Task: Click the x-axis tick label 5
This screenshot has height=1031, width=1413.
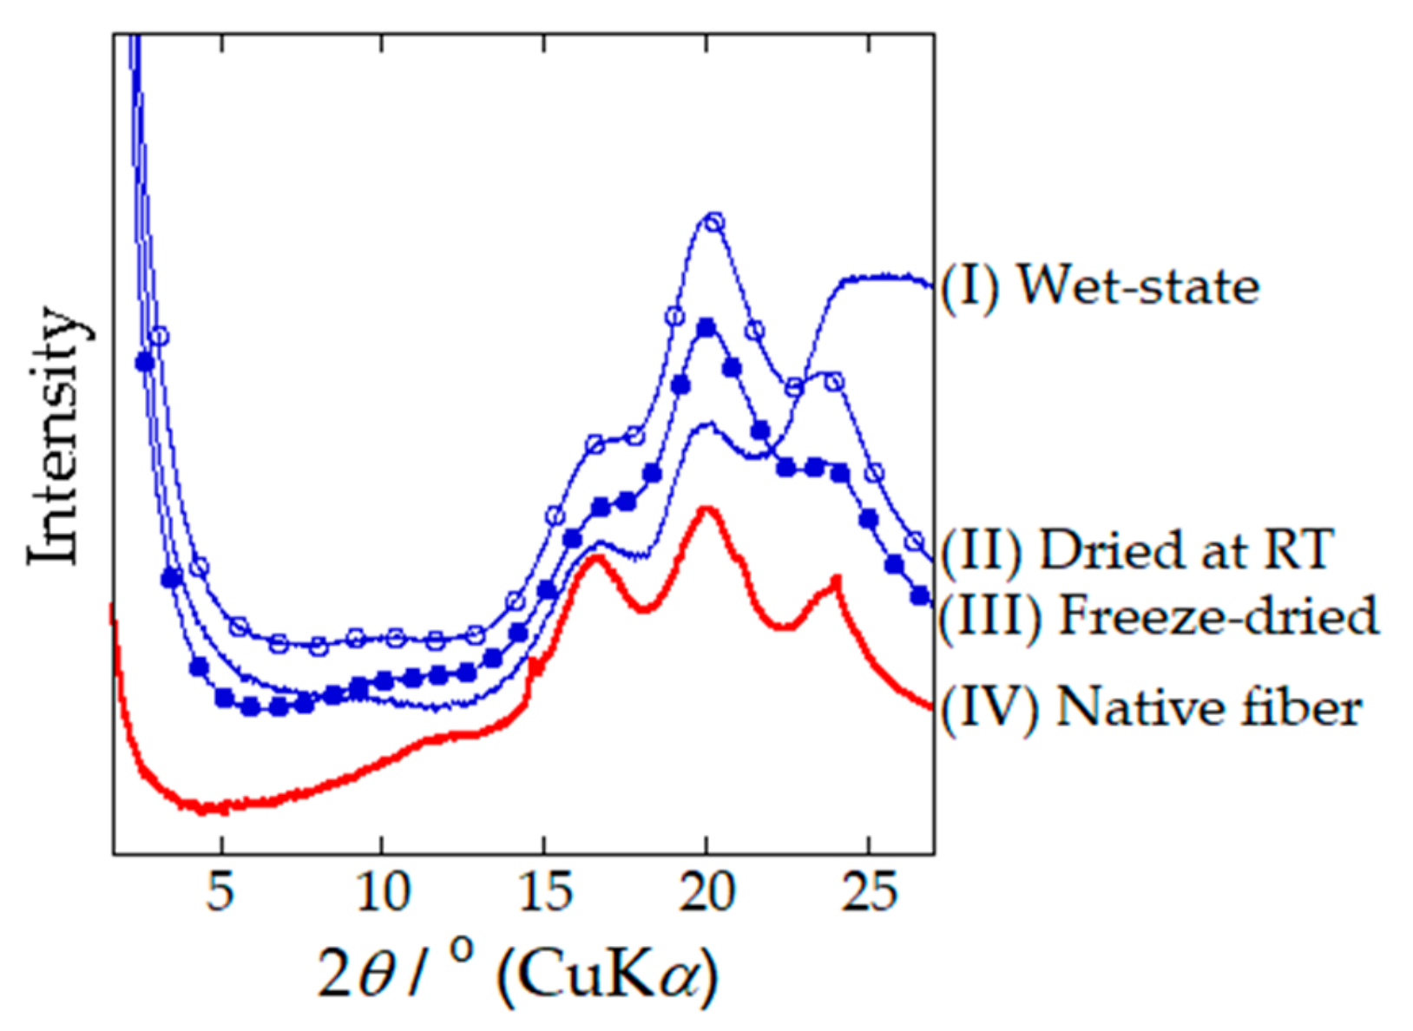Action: point(220,891)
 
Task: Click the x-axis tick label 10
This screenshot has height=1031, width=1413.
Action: point(383,891)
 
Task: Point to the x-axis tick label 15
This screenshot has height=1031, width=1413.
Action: point(545,891)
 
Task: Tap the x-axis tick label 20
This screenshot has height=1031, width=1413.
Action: point(706,891)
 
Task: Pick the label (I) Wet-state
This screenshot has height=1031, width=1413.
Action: point(1099,286)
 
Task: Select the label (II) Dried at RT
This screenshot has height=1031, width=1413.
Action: point(1135,550)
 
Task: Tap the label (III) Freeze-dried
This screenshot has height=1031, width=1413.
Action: point(1159,615)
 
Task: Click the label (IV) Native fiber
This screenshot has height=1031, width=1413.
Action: point(1151,707)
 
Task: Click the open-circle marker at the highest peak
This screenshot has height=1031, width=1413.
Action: point(714,223)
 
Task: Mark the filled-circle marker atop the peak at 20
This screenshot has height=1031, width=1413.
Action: point(706,327)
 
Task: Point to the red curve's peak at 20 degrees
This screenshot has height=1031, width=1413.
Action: point(706,509)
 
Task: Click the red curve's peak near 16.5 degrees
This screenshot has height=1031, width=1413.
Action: point(595,556)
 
